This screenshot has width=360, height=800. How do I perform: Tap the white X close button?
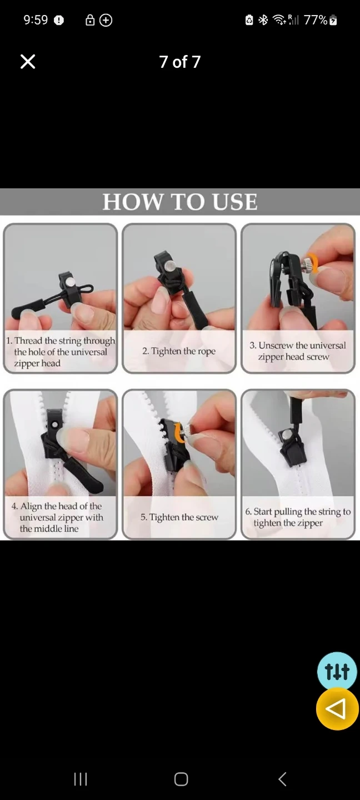tap(28, 62)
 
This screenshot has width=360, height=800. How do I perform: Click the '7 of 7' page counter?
tap(179, 62)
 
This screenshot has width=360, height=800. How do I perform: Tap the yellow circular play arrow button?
tap(337, 708)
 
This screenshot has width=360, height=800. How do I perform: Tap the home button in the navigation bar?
tap(181, 779)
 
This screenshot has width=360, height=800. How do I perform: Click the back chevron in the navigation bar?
tap(282, 779)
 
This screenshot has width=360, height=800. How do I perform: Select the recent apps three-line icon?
tap(81, 779)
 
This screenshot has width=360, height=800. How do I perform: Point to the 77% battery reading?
tap(316, 20)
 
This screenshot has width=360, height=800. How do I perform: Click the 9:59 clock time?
tap(36, 20)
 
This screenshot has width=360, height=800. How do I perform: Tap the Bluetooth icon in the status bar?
tap(263, 20)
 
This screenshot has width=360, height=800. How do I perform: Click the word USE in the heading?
tap(234, 202)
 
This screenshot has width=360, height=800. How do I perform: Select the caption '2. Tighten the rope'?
tap(179, 351)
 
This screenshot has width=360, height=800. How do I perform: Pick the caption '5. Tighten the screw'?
tap(179, 517)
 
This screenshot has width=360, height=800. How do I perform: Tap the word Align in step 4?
tap(31, 506)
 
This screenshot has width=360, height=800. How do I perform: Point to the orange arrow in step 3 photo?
tap(313, 263)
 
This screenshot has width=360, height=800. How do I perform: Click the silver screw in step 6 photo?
tap(287, 434)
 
